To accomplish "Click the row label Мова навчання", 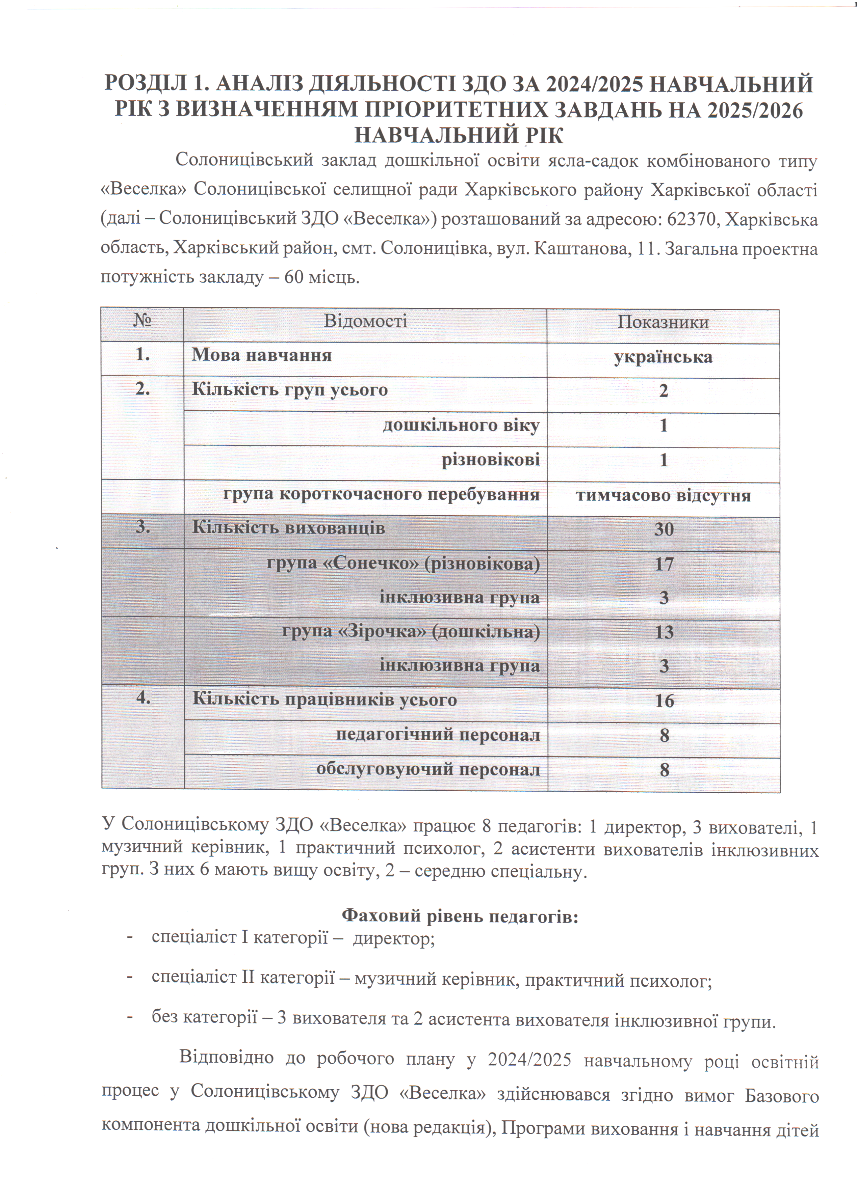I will (261, 355).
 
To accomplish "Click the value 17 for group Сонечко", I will (664, 565).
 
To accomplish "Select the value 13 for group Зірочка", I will (664, 633).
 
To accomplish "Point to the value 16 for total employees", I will (664, 701).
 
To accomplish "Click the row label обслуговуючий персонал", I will (428, 769).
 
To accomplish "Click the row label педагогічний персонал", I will (438, 735).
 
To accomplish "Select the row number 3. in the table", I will (142, 527).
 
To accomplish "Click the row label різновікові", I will (490, 460).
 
